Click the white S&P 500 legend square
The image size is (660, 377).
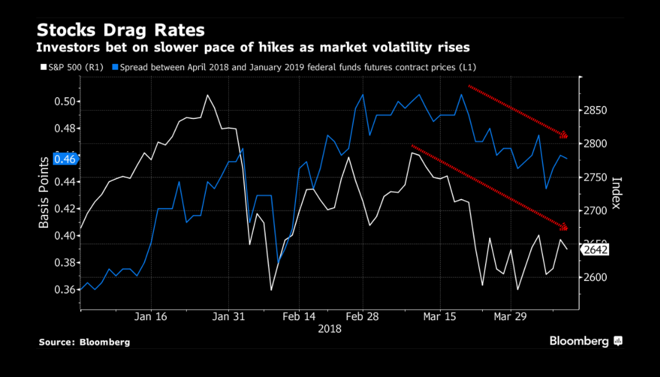click(x=40, y=67)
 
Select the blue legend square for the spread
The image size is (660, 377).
click(x=115, y=67)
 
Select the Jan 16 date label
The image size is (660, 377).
click(x=150, y=317)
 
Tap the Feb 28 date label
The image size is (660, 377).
click(x=362, y=317)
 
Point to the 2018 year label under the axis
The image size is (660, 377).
click(x=329, y=329)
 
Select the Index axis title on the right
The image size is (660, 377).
click(x=616, y=193)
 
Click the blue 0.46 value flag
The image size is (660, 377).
click(x=66, y=159)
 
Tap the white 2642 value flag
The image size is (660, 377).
click(x=596, y=250)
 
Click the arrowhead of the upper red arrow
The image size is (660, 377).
click(x=564, y=136)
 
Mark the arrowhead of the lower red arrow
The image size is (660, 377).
click(x=565, y=227)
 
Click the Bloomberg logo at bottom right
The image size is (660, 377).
click(x=585, y=341)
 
